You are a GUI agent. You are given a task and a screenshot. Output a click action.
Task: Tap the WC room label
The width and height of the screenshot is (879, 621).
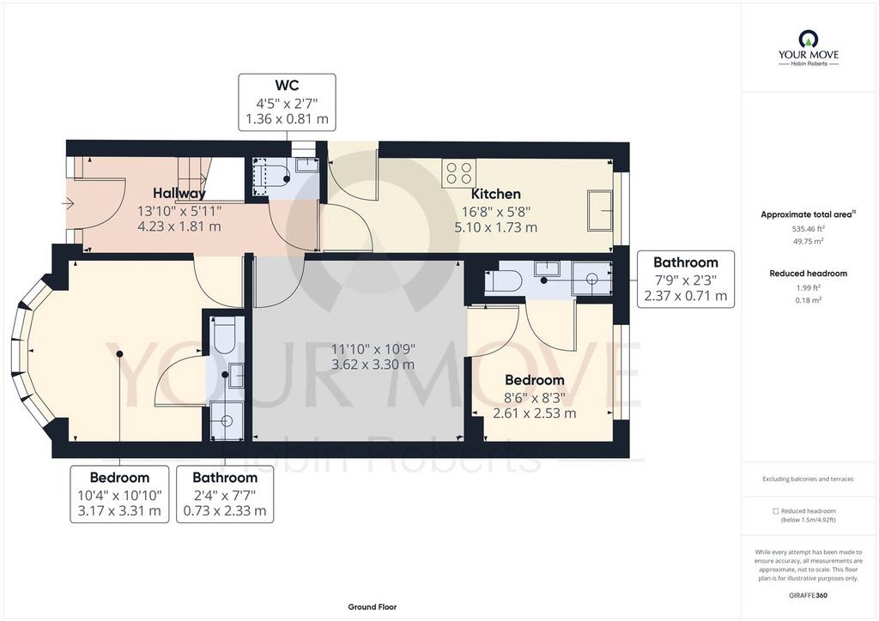287,85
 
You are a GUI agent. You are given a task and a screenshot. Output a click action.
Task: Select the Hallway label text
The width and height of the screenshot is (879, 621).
179,193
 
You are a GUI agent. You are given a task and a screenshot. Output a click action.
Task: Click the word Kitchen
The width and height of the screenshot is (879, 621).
495,194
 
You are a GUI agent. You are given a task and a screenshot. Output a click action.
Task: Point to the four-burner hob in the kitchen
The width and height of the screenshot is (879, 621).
459,172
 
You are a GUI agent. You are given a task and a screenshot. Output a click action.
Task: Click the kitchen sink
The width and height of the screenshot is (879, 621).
600,210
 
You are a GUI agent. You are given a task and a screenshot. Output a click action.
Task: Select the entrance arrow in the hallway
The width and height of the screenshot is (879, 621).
70,204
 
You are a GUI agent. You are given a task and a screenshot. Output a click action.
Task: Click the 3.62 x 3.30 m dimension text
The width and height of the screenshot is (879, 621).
373,365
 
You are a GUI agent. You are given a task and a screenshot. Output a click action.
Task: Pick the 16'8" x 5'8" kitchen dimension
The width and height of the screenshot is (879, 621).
495,211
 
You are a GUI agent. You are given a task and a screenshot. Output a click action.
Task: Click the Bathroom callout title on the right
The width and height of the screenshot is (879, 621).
686,262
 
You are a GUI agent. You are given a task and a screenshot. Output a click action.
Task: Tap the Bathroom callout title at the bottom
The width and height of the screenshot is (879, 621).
225,478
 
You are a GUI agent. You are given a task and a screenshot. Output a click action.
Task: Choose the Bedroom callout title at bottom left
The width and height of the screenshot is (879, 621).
119,478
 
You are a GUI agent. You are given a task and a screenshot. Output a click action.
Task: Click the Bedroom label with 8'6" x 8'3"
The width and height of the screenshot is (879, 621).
534,380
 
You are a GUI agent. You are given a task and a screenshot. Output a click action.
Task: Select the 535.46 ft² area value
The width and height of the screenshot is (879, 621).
808,228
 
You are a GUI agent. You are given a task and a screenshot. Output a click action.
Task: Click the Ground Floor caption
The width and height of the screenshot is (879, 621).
373,607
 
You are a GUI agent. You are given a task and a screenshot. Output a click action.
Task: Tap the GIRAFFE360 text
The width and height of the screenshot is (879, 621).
808,595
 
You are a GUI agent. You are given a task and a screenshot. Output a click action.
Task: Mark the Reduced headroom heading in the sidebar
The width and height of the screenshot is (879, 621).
808,274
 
